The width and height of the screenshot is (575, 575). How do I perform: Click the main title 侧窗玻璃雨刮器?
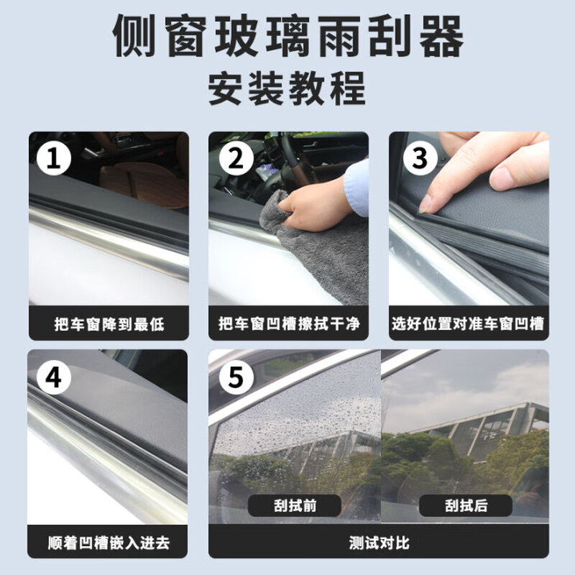point(287,36)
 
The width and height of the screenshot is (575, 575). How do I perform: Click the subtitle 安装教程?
point(287,90)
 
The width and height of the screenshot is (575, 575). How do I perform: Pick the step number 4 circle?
point(54,377)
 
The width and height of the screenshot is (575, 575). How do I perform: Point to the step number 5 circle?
point(236,377)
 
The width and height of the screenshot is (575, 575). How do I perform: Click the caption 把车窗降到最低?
point(109,324)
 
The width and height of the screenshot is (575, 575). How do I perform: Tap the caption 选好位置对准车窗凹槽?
point(468,324)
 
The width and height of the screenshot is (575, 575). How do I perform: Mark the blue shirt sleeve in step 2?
point(357,188)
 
